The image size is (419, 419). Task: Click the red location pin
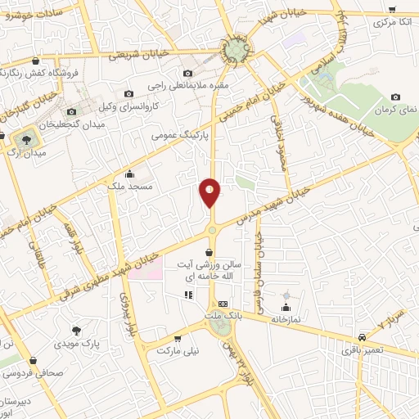pos(210,191)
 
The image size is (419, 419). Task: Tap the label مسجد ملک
pos(129,187)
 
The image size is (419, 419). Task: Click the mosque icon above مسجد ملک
pos(129,173)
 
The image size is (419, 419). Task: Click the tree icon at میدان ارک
pos(17,139)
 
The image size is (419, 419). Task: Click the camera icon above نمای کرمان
pos(396,97)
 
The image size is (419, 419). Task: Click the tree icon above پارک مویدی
pos(76,331)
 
